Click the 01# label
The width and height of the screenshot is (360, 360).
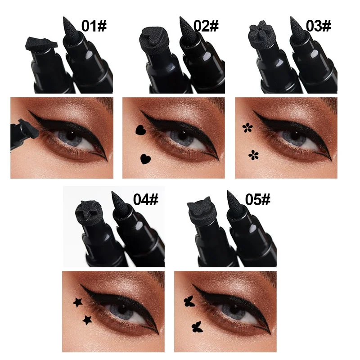tap(94, 26)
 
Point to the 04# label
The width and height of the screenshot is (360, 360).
tap(145, 199)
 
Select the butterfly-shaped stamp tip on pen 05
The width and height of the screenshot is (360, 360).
tap(202, 209)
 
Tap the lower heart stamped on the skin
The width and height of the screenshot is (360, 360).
tap(145, 158)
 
